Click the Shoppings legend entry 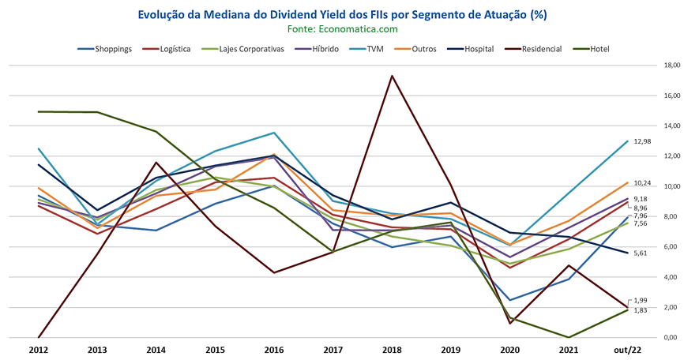[105, 49]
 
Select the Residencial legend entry [536, 49]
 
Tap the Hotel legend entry [591, 49]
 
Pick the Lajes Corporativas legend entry [242, 49]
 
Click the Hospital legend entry [471, 49]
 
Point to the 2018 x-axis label [393, 350]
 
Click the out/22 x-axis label [628, 350]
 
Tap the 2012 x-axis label [39, 350]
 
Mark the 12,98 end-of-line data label [643, 141]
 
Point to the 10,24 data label [643, 182]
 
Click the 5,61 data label [641, 253]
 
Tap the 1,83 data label [641, 310]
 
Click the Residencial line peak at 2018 [393, 76]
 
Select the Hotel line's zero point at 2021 [569, 337]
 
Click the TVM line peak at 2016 [274, 133]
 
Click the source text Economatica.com [358, 28]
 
